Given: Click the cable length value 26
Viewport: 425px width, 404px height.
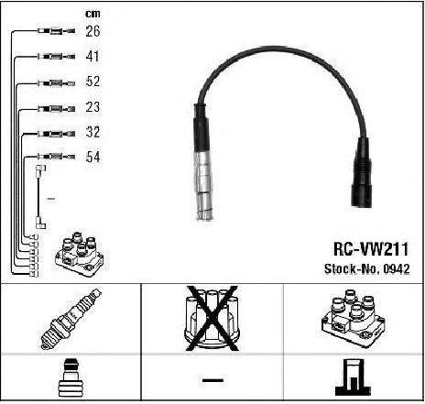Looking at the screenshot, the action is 93,31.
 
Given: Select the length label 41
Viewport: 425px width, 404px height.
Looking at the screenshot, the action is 93,56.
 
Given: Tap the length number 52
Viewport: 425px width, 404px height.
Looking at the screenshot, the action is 93,82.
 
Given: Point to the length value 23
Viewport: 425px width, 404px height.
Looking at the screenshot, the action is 93,107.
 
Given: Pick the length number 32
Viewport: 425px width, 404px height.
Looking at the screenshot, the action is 93,132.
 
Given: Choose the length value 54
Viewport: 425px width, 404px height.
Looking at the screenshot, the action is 93,157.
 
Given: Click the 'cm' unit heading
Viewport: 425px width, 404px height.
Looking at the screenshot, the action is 93,14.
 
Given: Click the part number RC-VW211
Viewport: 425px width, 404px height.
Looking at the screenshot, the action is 371,249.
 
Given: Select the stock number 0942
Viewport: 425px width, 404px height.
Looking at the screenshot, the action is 397,268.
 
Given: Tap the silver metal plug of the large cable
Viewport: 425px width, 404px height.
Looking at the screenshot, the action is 204,185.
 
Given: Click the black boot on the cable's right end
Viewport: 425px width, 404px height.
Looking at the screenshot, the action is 362,172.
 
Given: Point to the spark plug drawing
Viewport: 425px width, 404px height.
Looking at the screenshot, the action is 71,319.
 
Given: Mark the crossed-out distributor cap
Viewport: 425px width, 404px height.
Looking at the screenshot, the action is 212,319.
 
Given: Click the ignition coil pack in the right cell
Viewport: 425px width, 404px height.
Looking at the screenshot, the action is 353,318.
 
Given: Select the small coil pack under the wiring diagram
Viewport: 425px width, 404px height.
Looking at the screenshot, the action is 80,254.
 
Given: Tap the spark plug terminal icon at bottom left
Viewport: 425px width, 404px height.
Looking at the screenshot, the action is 71,377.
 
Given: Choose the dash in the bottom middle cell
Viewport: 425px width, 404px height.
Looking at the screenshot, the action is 212,380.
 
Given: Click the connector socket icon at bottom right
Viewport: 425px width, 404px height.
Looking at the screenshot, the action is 353,377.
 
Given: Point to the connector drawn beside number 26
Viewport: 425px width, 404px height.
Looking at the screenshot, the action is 57,31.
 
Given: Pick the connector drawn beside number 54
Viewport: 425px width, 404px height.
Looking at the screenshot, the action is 57,157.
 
